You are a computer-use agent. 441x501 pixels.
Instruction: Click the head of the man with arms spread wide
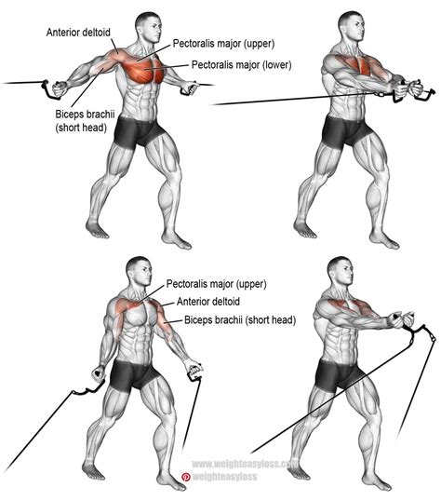coord(145,23)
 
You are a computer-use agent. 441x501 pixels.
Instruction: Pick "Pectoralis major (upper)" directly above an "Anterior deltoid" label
coord(221,283)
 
